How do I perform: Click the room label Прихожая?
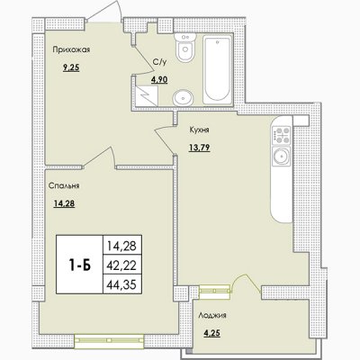coord(71,49)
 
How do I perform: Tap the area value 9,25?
coord(71,67)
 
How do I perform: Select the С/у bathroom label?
coord(159,62)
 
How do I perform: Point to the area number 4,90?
coord(159,79)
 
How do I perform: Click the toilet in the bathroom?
coord(185,48)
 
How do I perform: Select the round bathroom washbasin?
coord(183,97)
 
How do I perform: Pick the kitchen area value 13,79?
coord(199,148)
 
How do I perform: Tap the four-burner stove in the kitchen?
coord(282,135)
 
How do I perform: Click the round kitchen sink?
coord(281,157)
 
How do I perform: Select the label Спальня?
coord(64,186)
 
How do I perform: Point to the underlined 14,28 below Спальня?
coord(64,204)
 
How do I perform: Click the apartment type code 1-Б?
coord(79,265)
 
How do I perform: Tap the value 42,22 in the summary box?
coord(121,265)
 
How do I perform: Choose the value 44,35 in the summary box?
coord(121,284)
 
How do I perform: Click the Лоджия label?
coord(212,316)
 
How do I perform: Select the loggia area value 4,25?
coord(212,334)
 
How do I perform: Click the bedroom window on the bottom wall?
coord(110,340)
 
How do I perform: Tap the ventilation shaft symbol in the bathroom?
coord(146,95)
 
